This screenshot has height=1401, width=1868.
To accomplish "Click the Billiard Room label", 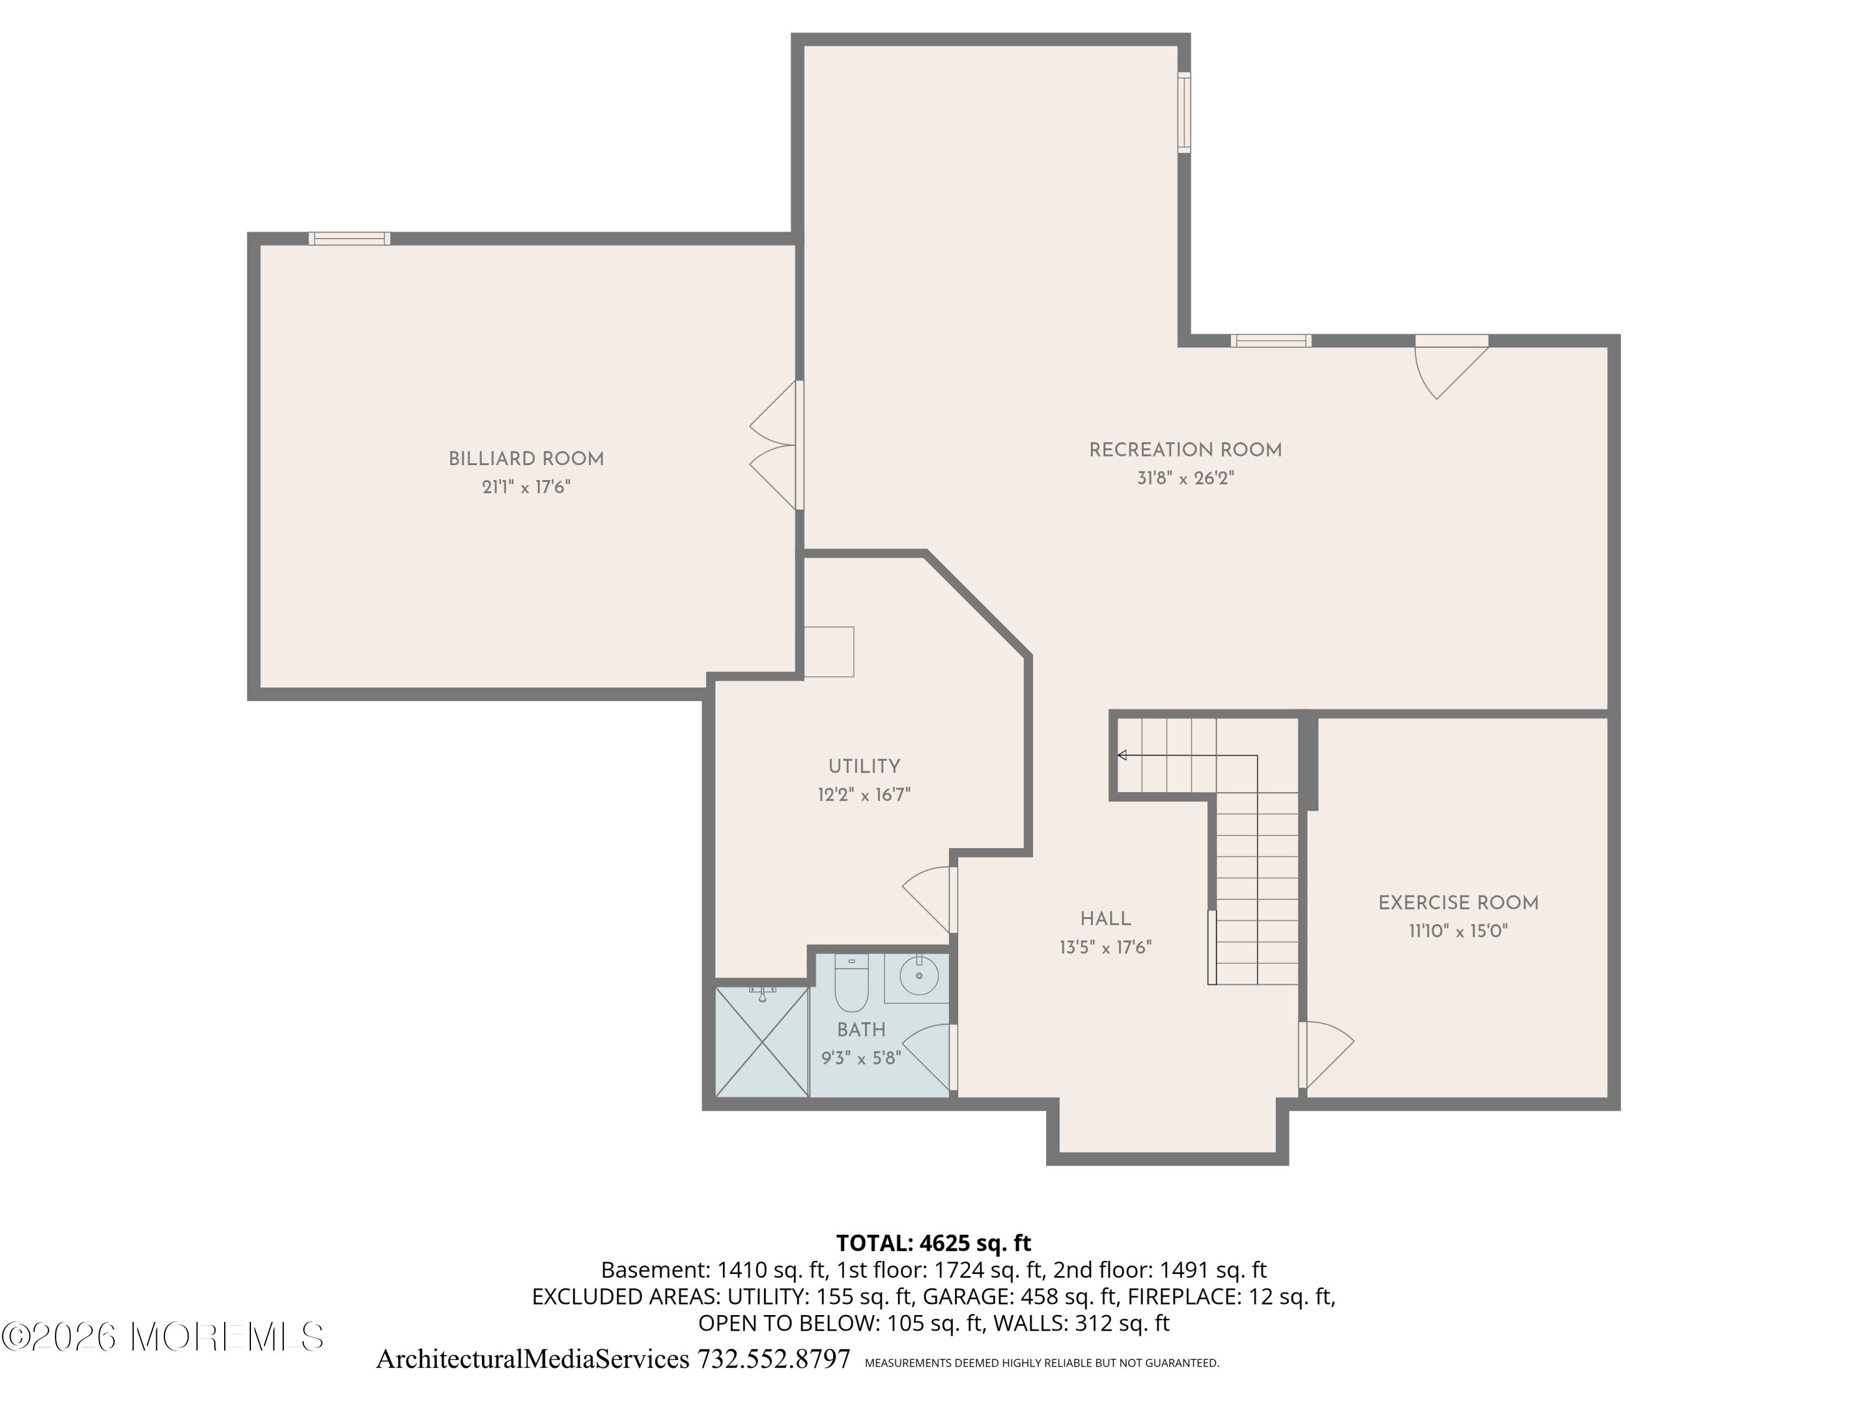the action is tap(526, 460).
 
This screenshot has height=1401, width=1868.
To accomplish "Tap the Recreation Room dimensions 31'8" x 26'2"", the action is tap(1186, 479).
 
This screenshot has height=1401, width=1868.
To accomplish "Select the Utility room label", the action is tap(864, 767).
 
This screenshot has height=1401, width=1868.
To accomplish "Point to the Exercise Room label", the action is tap(1458, 903).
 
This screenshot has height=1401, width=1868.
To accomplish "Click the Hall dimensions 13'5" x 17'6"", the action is tap(1105, 948).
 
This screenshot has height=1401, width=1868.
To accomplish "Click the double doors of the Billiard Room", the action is tap(775, 445).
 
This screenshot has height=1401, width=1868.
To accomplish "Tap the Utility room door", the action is tap(930, 899).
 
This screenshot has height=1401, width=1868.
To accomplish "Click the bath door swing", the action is tap(930, 1057).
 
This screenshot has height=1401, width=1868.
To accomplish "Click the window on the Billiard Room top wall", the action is tap(349, 238).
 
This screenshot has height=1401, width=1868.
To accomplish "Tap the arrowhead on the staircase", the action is tap(1122, 755).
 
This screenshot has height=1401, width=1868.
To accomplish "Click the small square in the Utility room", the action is tap(828, 652).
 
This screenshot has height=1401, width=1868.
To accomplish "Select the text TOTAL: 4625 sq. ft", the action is tap(933, 1242).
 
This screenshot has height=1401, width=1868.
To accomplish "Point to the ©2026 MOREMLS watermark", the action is tap(162, 1337).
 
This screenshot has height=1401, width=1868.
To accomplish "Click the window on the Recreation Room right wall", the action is tap(1184, 112).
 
